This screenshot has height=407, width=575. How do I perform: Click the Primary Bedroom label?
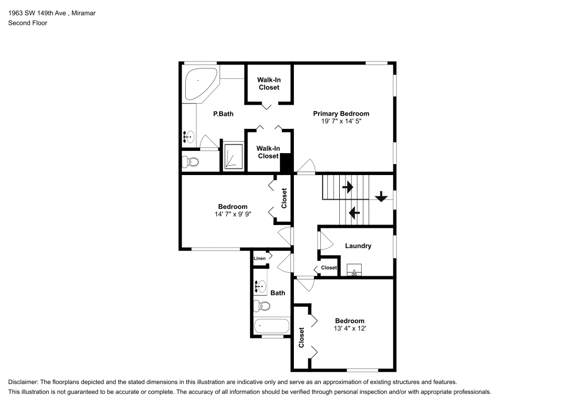pos(340,114)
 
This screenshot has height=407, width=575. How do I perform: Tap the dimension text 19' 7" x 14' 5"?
pos(341,121)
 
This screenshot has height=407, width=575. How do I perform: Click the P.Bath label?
pos(223,114)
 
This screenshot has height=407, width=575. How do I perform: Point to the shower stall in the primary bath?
pos(233,157)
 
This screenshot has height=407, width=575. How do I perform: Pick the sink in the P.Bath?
pos(189,137)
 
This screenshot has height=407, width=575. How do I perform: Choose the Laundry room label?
pos(358,246)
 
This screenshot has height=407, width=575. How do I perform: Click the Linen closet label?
pos(260,258)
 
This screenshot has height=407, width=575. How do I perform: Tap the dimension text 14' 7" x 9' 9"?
pos(233,214)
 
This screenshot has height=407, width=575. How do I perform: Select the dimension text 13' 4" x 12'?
pos(350,329)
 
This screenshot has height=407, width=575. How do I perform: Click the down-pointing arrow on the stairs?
pos(381,197)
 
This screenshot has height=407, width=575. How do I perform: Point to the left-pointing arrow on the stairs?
pos(354,212)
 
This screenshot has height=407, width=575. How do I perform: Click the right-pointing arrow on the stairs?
pos(348,187)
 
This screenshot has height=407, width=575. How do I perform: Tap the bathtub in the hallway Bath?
pos(272,326)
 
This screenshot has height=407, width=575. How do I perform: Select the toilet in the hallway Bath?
pos(262,306)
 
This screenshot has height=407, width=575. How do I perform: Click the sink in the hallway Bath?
pos(260,286)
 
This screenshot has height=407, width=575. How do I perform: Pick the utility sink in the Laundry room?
pos(354,270)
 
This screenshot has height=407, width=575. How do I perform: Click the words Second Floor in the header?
pos(28,23)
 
